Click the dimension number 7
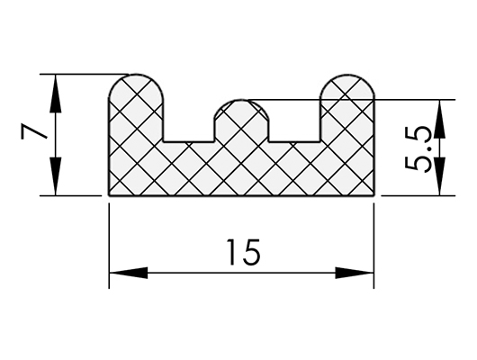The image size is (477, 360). tap(34, 131)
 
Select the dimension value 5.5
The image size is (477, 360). tap(418, 149)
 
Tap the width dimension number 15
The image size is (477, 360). tap(243, 252)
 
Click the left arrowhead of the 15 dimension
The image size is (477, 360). tap(129, 273)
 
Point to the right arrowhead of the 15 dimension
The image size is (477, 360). tap(355, 273)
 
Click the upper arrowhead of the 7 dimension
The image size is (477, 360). tap(55, 94)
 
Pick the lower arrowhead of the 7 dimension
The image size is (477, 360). tap(55, 176)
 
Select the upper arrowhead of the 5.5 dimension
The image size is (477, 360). tap(439, 119)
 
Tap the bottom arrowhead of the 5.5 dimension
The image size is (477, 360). tap(439, 176)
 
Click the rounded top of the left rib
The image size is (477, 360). tap(136, 75)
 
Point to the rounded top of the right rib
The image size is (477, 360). tap(347, 75)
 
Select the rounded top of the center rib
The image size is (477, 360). tap(241, 100)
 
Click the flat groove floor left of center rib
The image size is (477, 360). tap(189, 142)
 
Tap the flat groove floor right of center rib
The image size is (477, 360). tap(294, 142)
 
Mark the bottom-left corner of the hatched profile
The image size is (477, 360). tap(109, 195)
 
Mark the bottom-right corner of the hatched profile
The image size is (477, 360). tap(373, 195)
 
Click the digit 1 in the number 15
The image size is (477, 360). tap(233, 252)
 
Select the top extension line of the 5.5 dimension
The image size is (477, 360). tap(351, 100)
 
